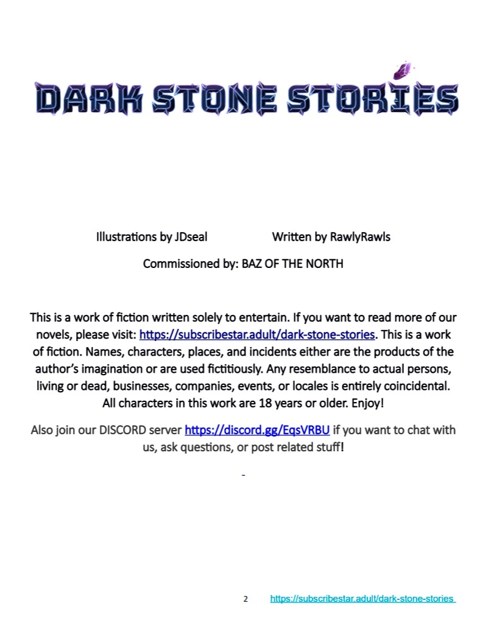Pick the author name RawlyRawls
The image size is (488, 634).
click(360, 237)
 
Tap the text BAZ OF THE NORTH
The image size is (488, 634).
click(292, 264)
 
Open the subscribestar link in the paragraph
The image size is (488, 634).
click(257, 334)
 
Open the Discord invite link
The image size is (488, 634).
click(257, 430)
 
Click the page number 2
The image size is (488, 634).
click(246, 599)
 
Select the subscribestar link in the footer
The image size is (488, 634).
click(362, 599)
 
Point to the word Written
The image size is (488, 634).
click(291, 237)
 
